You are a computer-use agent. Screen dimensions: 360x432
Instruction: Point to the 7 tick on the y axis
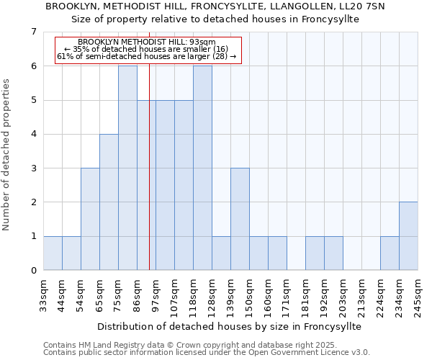pyautogui.click(x=33, y=32)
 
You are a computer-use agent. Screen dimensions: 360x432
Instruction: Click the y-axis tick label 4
pyautogui.click(x=33, y=135)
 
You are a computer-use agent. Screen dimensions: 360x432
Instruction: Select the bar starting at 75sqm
pyautogui.click(x=127, y=168)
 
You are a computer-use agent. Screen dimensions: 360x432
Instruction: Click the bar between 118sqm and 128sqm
pyautogui.click(x=202, y=168)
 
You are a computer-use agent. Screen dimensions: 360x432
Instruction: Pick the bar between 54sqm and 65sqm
pyautogui.click(x=90, y=219)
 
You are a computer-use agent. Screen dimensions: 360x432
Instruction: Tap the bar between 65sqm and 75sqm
pyautogui.click(x=109, y=202)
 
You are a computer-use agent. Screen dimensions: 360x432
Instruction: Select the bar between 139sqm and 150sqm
pyautogui.click(x=240, y=219)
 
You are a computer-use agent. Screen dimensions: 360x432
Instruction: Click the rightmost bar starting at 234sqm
pyautogui.click(x=408, y=236)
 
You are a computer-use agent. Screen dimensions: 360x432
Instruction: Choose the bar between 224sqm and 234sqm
pyautogui.click(x=390, y=253)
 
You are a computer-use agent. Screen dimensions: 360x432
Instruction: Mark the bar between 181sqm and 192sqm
pyautogui.click(x=315, y=253)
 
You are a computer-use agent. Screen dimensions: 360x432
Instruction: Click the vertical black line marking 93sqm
pyautogui.click(x=149, y=180)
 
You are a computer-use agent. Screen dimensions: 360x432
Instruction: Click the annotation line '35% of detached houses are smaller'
pyautogui.click(x=146, y=49)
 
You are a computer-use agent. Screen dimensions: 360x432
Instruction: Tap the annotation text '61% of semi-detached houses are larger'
pyautogui.click(x=146, y=56)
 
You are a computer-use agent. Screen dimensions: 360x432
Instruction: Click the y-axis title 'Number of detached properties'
pyautogui.click(x=6, y=154)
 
